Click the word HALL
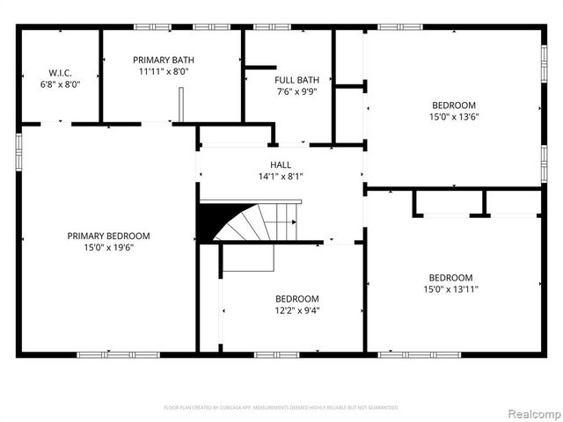tap(281, 164)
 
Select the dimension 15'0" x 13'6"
tap(453, 116)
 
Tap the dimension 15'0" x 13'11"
tap(450, 288)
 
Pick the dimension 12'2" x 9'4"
tap(296, 309)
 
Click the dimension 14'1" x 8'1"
tap(281, 176)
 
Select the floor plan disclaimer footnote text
tap(281, 407)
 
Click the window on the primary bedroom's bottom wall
tap(105, 354)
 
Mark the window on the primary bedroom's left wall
tap(18, 149)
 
